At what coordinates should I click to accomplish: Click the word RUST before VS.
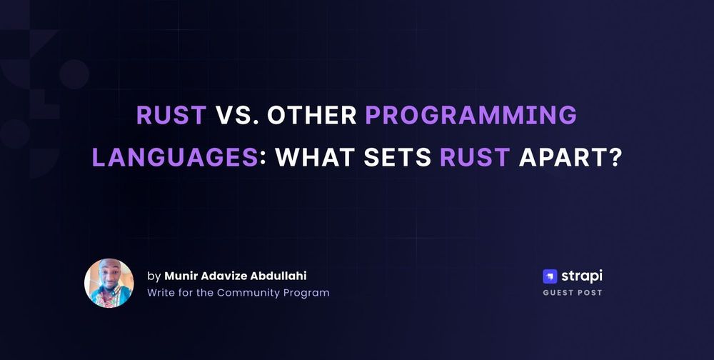pyautogui.click(x=171, y=115)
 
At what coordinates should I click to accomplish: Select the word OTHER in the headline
pyautogui.click(x=312, y=115)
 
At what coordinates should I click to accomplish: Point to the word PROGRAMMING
pyautogui.click(x=471, y=115)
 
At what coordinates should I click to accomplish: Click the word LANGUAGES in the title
pyautogui.click(x=175, y=157)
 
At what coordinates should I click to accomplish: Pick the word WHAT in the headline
pyautogui.click(x=315, y=157)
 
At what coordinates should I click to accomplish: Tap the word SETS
pyautogui.click(x=397, y=157)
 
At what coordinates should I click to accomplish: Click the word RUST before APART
pyautogui.click(x=475, y=157)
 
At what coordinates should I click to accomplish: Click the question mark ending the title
pyautogui.click(x=614, y=157)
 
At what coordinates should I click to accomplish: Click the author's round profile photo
pyautogui.click(x=109, y=283)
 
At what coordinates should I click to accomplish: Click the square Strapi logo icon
pyautogui.click(x=550, y=276)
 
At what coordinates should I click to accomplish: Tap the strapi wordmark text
pyautogui.click(x=582, y=276)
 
